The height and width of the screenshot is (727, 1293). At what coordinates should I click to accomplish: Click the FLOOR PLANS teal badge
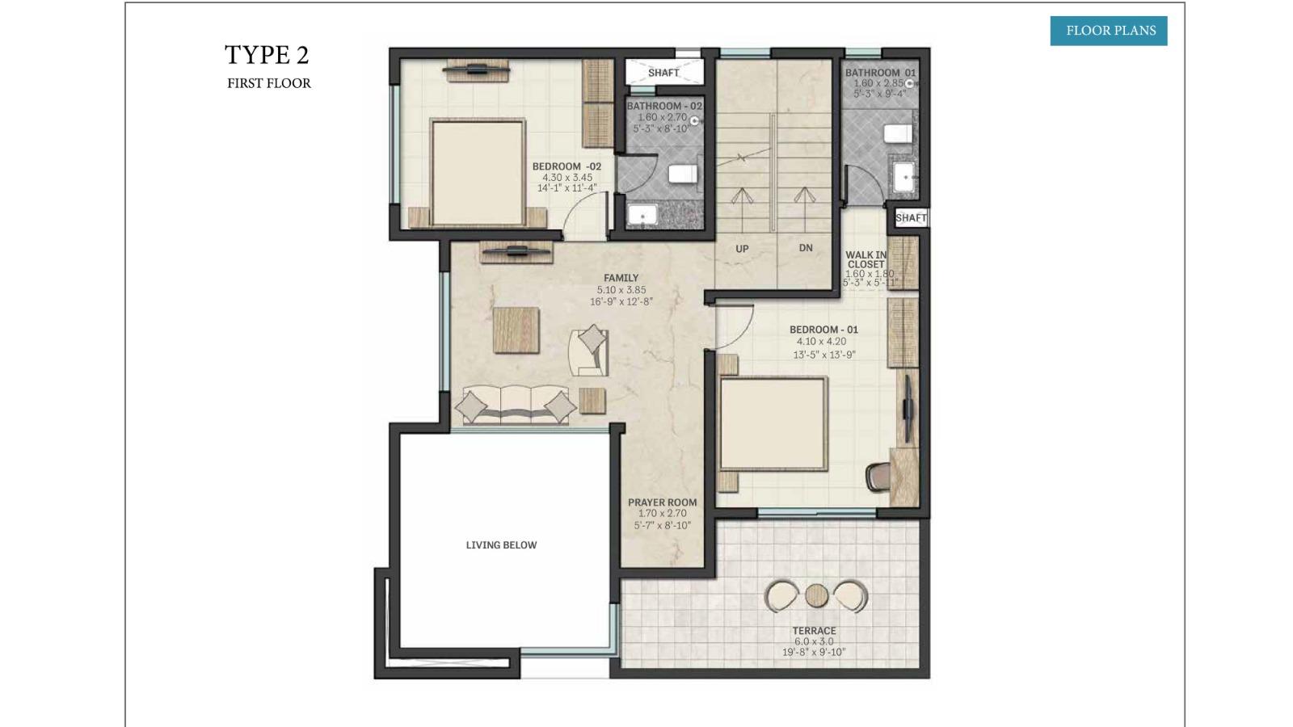(1108, 31)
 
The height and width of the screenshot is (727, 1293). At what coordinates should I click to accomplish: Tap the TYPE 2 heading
(267, 56)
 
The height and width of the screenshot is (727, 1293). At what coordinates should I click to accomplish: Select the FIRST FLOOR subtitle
(269, 84)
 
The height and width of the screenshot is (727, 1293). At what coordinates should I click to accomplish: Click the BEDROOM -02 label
(566, 166)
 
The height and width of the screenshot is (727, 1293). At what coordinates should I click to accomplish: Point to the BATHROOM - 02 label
(664, 106)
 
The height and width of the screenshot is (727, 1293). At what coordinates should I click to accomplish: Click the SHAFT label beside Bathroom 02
(663, 73)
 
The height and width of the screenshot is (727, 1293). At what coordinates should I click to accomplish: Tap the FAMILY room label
(621, 278)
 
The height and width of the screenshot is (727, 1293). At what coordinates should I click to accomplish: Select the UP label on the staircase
(743, 249)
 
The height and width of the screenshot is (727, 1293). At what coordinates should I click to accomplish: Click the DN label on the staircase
(806, 248)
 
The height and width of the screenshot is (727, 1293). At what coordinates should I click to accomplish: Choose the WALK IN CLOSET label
(866, 259)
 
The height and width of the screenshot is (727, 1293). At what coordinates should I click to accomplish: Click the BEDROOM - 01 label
(823, 330)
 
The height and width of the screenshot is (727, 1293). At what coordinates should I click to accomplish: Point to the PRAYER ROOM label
(662, 502)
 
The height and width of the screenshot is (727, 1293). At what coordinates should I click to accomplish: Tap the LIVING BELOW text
(501, 545)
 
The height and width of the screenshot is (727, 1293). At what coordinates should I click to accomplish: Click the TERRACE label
(814, 631)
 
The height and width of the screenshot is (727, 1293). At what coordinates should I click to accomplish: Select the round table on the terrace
(816, 596)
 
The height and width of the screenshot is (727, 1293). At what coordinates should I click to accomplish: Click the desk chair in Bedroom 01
(878, 477)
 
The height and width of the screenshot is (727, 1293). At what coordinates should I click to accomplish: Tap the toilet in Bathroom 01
(898, 134)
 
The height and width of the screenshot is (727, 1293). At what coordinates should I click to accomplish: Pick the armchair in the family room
(589, 352)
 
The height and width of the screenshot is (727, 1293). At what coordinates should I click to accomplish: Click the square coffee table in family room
(516, 330)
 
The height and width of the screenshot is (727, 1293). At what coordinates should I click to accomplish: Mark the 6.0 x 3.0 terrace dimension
(814, 641)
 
